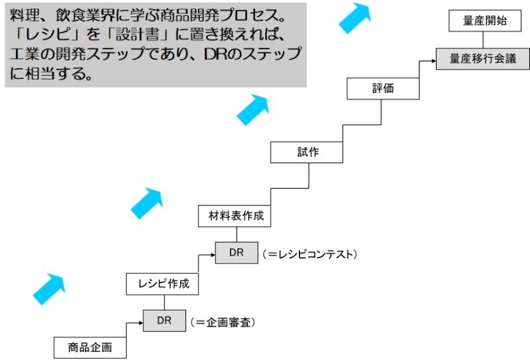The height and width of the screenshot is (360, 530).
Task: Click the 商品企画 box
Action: pos(90,347)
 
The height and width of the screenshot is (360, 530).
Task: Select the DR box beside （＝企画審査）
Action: pos(164,321)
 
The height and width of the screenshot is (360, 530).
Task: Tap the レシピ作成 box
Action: pos(164,284)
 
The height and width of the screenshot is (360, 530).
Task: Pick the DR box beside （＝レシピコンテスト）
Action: pos(237,253)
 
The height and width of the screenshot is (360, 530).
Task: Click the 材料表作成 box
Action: pos(235,215)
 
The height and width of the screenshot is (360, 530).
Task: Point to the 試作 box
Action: pos(307,152)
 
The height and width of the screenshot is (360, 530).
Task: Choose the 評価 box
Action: pos(383,88)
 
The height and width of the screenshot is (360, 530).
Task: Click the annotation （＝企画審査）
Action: pos(223,322)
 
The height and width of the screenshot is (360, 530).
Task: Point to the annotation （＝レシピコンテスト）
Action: pos(309,253)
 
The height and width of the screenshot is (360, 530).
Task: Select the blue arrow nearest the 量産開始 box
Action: pos(356,17)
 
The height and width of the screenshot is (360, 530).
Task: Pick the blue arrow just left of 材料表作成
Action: pos(146,203)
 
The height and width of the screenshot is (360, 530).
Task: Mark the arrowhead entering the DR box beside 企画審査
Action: pos(140,322)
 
